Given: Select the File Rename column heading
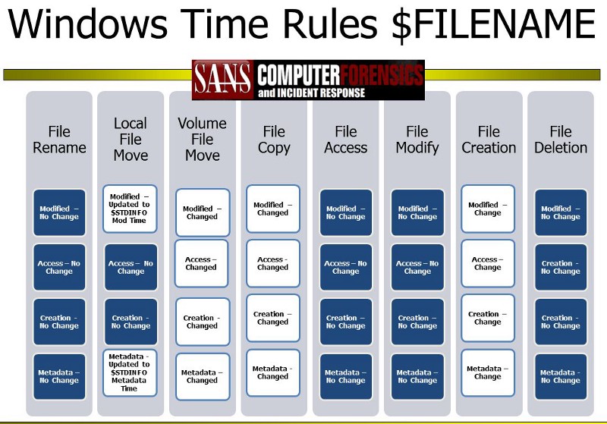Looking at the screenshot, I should click(x=59, y=140).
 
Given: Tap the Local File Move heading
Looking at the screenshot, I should click(x=131, y=140).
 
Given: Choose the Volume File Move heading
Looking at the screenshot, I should click(x=202, y=140).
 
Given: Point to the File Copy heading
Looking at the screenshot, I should click(x=274, y=140).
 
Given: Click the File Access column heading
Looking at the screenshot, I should click(x=345, y=140).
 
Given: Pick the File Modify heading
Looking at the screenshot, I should click(x=417, y=140).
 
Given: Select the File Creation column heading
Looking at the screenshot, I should click(x=489, y=140).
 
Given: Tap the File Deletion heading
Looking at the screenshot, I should click(x=561, y=140).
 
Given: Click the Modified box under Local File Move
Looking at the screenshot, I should click(x=131, y=209).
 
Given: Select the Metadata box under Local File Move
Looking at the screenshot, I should click(x=131, y=372).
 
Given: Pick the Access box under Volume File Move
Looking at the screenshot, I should click(x=202, y=263).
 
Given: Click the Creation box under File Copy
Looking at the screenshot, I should click(x=273, y=318).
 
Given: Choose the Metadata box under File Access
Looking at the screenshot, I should click(x=345, y=376).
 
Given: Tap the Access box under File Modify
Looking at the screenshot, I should click(x=417, y=267).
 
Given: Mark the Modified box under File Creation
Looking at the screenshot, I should click(x=488, y=209).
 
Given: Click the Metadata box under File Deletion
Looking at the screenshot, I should click(x=561, y=376).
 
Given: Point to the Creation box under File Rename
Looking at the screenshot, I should click(x=59, y=322).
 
